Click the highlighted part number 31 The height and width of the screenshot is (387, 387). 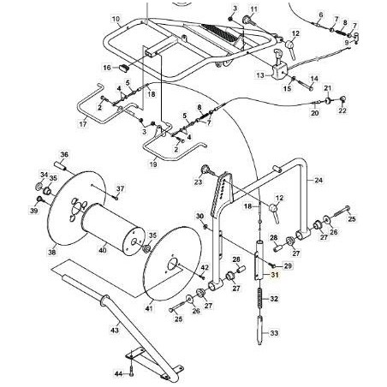[275, 274]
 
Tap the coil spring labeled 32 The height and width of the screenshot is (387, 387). [256, 301]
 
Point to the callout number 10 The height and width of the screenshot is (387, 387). [115, 18]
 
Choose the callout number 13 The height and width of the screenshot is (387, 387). [259, 75]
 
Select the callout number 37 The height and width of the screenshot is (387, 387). [120, 188]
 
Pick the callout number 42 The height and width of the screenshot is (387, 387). [206, 269]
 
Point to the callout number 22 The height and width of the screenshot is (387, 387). [342, 110]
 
